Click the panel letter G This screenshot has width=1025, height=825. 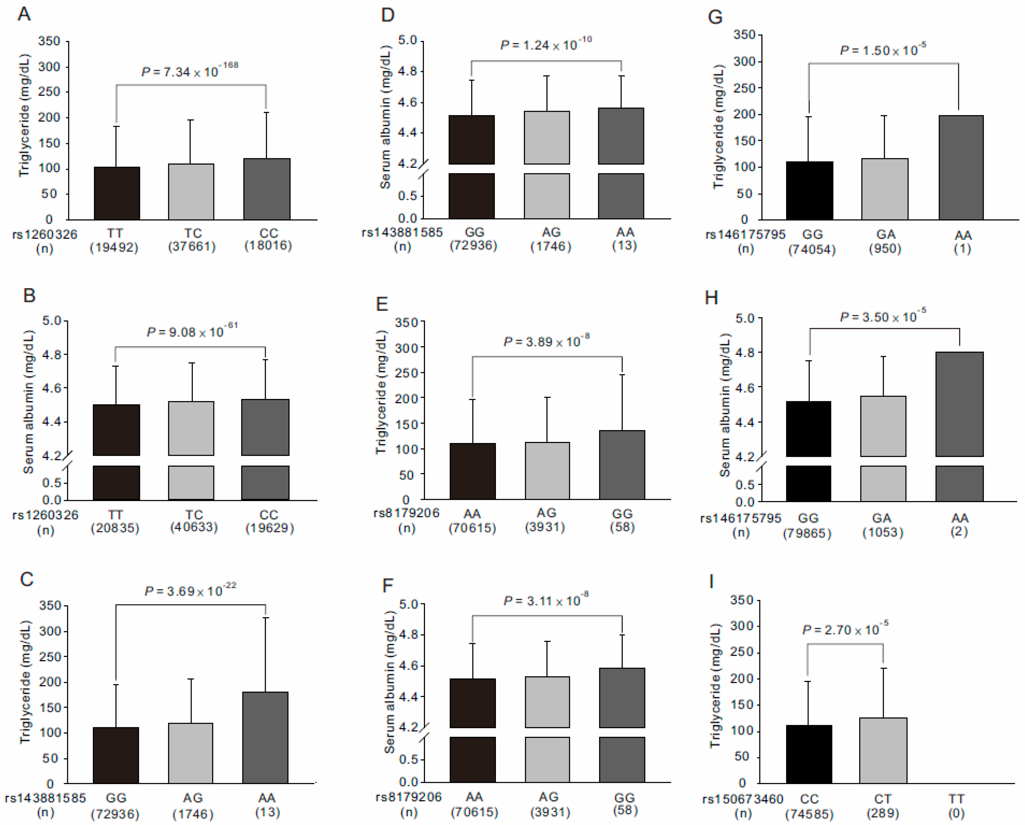(715, 17)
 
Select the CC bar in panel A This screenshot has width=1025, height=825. (267, 189)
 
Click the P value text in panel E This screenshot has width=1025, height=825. (546, 341)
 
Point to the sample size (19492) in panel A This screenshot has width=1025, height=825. (114, 247)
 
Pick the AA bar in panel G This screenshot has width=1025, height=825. (961, 167)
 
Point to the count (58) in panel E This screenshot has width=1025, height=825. (622, 527)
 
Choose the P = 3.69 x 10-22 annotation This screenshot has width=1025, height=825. (190, 591)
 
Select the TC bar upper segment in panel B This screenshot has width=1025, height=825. (191, 428)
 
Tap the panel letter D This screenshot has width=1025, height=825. (388, 15)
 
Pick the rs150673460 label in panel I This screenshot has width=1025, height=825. (743, 799)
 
